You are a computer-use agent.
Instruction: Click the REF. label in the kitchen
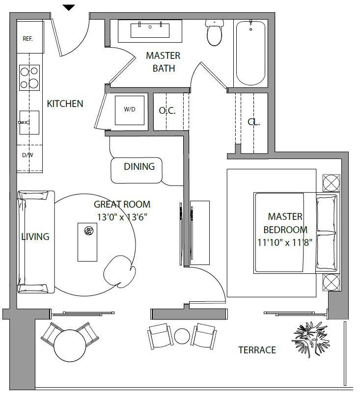[28, 39]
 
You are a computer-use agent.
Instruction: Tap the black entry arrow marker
[69, 8]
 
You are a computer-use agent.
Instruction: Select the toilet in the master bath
[215, 32]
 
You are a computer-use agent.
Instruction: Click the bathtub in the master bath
[251, 53]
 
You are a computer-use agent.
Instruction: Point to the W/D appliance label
[130, 109]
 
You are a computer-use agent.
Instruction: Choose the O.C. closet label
[167, 110]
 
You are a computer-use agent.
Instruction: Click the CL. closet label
[253, 122]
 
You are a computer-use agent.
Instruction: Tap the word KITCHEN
[65, 104]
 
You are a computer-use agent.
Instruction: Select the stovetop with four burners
[29, 78]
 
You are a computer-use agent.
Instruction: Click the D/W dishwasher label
[28, 155]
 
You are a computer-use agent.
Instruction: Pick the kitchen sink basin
[29, 122]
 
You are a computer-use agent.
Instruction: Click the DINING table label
[139, 166]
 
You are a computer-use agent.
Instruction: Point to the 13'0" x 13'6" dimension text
[122, 217]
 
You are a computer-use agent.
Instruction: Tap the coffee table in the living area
[87, 242]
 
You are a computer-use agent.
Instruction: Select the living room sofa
[36, 242]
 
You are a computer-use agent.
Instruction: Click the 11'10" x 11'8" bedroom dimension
[285, 242]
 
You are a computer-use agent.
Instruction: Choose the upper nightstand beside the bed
[332, 183]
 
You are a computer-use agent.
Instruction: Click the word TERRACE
[257, 350]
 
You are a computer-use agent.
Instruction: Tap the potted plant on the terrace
[310, 338]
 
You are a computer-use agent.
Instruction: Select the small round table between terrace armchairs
[182, 336]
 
